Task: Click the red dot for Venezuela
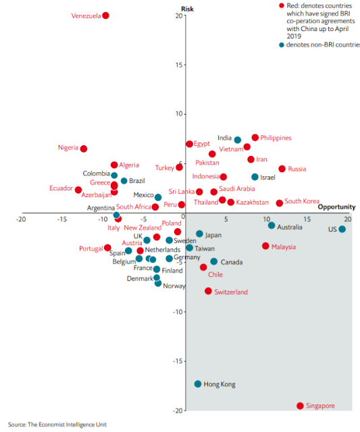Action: pyautogui.click(x=105, y=16)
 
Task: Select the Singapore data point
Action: pyautogui.click(x=300, y=406)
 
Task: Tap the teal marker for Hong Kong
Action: pyautogui.click(x=198, y=384)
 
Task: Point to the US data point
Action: pyautogui.click(x=342, y=229)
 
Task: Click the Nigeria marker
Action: pyautogui.click(x=84, y=148)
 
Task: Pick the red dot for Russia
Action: pyautogui.click(x=282, y=169)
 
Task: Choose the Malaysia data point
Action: pyautogui.click(x=265, y=246)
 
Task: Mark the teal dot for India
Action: pyautogui.click(x=238, y=140)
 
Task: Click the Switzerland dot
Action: pyautogui.click(x=209, y=291)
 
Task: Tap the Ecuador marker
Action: pyautogui.click(x=78, y=190)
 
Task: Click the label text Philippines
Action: pyautogui.click(x=276, y=138)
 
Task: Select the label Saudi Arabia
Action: pyautogui.click(x=237, y=189)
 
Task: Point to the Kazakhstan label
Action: pyautogui.click(x=252, y=202)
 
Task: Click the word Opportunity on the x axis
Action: pyautogui.click(x=336, y=207)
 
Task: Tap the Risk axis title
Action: pyautogui.click(x=188, y=9)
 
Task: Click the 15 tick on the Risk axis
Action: pyautogui.click(x=179, y=65)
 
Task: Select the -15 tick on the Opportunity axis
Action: pyautogui.click(x=62, y=219)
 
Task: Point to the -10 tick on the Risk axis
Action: pyautogui.click(x=178, y=312)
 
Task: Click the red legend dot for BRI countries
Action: pyautogui.click(x=282, y=6)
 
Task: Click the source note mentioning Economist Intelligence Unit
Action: pyautogui.click(x=57, y=425)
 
